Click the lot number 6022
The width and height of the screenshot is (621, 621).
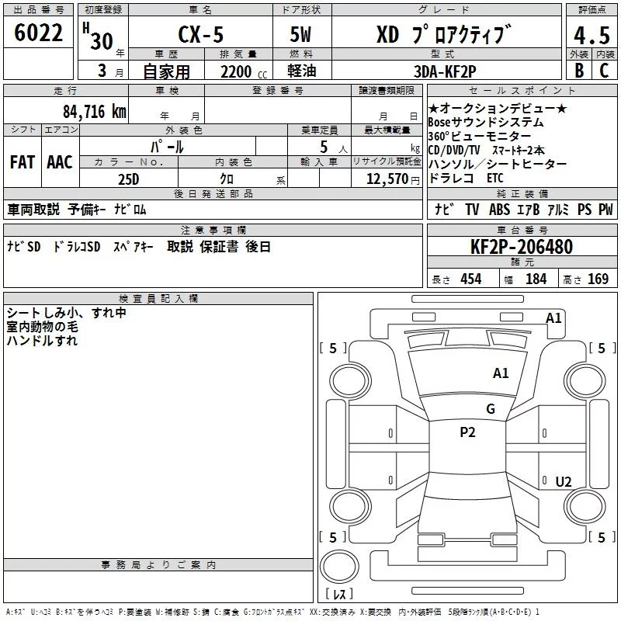click(x=38, y=33)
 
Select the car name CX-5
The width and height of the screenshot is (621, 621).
click(x=201, y=34)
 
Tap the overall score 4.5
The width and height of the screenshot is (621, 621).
click(x=592, y=36)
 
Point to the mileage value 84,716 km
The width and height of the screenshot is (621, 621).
click(x=95, y=111)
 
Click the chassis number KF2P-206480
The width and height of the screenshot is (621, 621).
click(x=522, y=247)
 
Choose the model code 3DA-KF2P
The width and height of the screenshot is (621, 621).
click(x=445, y=71)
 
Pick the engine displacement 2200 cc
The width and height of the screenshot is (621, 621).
click(x=244, y=72)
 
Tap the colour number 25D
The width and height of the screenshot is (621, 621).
click(x=129, y=179)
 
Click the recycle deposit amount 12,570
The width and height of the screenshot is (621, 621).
click(x=387, y=179)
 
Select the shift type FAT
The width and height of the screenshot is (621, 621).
click(x=23, y=162)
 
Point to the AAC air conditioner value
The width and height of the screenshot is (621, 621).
click(x=60, y=162)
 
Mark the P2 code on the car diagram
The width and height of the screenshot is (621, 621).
click(x=467, y=432)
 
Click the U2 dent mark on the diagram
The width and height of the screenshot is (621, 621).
click(x=564, y=482)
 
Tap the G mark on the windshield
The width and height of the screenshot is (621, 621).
click(x=491, y=409)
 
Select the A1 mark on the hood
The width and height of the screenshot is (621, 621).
click(x=501, y=373)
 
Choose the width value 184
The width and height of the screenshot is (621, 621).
click(x=536, y=279)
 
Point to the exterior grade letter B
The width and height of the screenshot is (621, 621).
click(x=579, y=71)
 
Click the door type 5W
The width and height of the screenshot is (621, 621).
click(x=300, y=34)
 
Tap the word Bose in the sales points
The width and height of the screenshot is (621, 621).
click(x=439, y=123)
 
